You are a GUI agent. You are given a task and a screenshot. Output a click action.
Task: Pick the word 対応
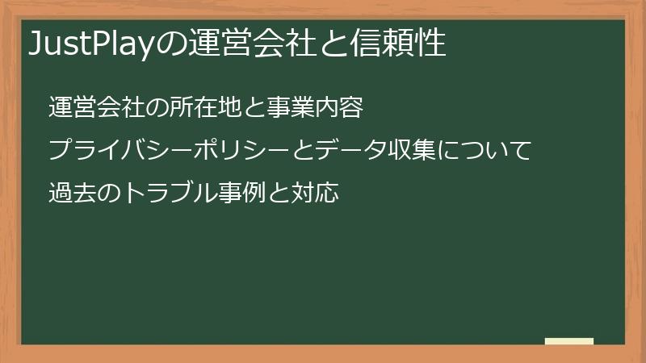click(313, 194)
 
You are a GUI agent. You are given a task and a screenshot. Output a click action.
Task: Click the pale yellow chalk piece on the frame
click(568, 341)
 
